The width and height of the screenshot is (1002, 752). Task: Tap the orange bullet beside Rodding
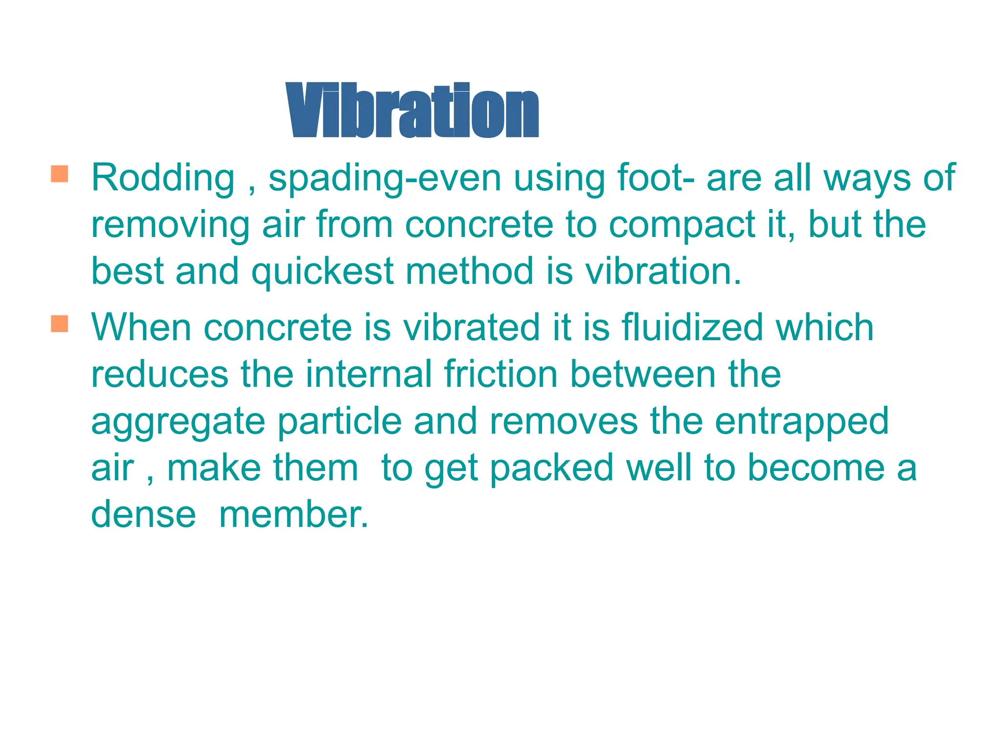[x=59, y=174]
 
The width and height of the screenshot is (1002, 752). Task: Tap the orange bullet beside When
[x=59, y=324]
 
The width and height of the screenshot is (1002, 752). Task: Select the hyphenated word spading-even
[x=385, y=179]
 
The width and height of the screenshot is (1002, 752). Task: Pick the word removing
[x=170, y=225]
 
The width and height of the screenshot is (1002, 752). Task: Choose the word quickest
[x=322, y=272]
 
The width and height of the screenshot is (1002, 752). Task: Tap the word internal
[x=369, y=374]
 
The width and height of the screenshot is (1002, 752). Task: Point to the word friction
[x=501, y=374]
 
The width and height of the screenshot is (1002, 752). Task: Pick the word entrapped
[x=801, y=422]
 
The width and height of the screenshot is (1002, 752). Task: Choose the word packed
[x=552, y=469]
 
